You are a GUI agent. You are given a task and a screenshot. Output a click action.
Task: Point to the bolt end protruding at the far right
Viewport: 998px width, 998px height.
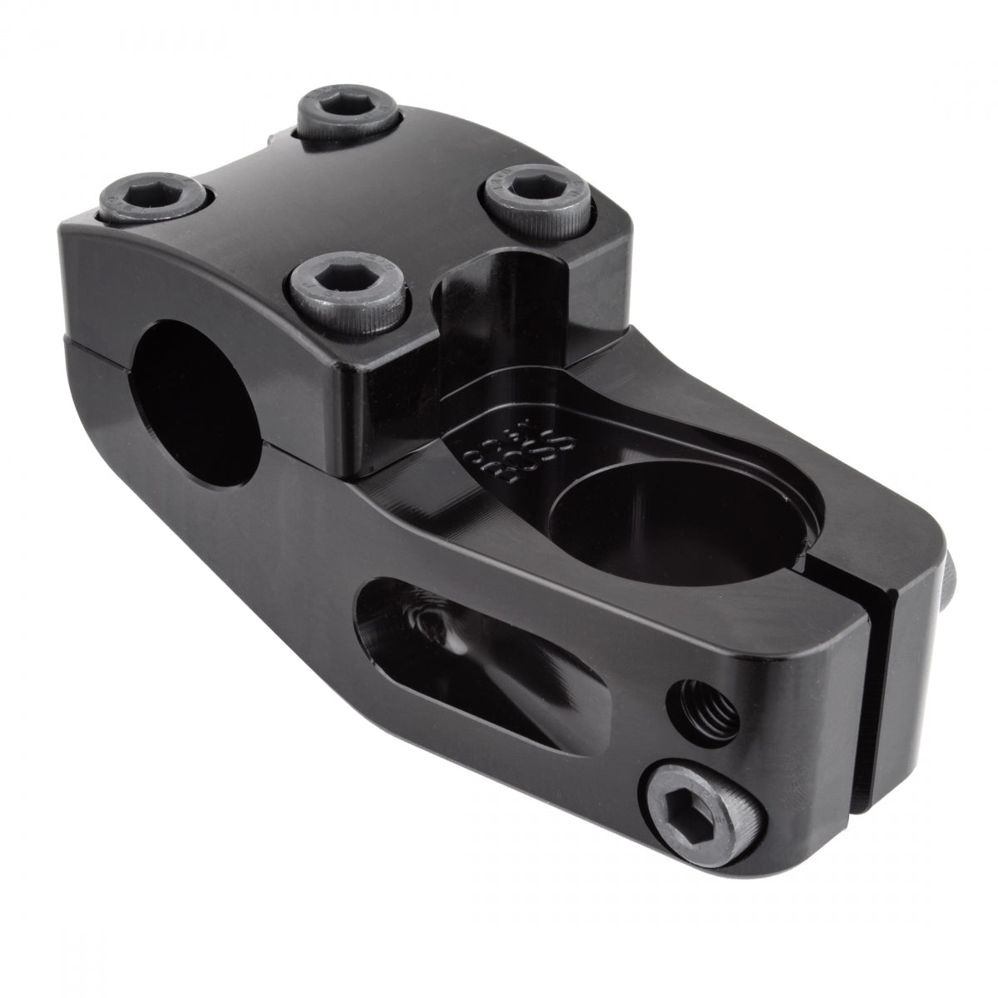[x=956, y=574]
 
